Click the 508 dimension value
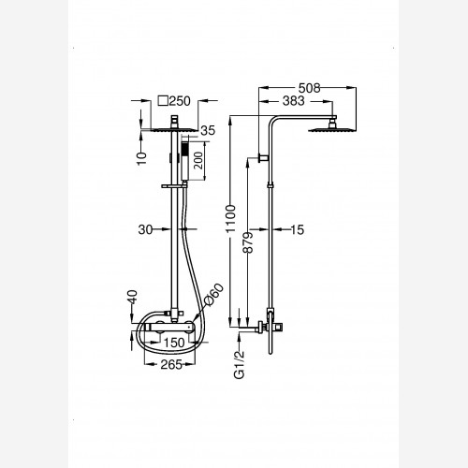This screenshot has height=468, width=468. point(309,88)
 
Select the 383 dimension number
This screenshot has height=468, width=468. point(293,101)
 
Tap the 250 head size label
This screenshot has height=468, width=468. point(180,101)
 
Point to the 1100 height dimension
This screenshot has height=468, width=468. point(231,219)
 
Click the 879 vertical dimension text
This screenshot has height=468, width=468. point(249,242)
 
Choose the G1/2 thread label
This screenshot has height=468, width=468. point(240,364)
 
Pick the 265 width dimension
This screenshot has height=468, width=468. point(171,364)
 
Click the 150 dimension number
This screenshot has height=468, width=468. point(174,343)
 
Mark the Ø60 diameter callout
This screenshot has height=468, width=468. point(213,294)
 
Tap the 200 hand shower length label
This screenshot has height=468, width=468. point(198,161)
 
